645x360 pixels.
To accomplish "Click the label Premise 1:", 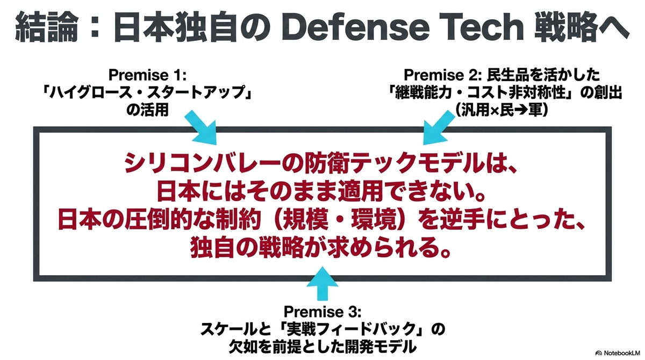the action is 147,75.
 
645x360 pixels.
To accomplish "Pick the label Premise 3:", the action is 322,311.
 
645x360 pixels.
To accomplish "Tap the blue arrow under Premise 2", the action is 438,127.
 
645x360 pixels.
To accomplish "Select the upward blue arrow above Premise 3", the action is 322,284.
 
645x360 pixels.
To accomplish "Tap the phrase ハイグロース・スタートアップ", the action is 147,92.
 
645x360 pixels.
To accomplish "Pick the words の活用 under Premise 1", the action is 147,110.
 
